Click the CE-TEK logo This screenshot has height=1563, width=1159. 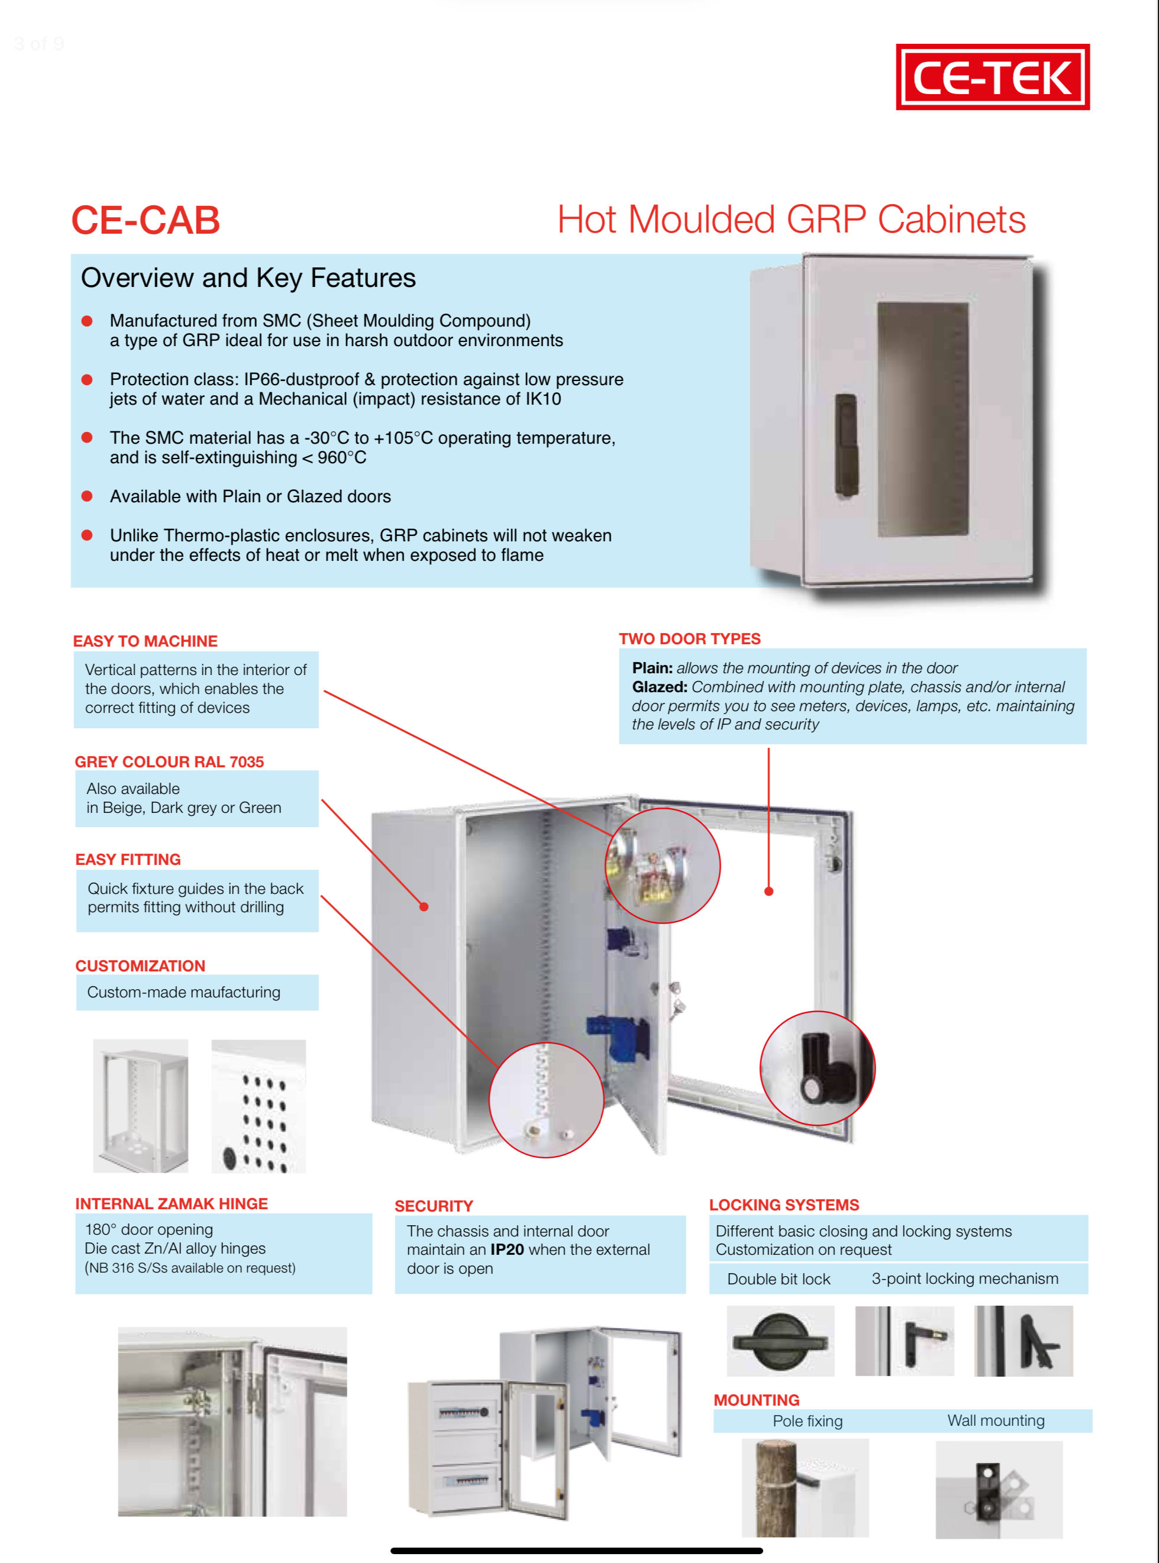click(x=992, y=77)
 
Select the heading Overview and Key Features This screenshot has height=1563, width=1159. click(x=248, y=279)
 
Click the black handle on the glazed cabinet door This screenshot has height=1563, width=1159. click(x=845, y=444)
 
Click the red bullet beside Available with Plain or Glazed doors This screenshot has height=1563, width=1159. click(x=87, y=496)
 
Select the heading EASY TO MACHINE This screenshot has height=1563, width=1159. click(x=145, y=641)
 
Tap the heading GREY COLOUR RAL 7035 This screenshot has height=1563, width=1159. click(x=169, y=762)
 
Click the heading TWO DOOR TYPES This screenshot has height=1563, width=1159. click(x=690, y=639)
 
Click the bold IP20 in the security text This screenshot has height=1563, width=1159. click(x=506, y=1249)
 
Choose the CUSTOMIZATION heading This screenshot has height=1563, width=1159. click(x=140, y=966)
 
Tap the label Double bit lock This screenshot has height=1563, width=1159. click(x=778, y=1279)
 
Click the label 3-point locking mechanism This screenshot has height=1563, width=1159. click(x=965, y=1279)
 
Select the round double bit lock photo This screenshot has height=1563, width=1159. click(x=780, y=1341)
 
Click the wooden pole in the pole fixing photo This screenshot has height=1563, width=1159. click(x=776, y=1487)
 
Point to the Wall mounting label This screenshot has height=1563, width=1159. click(x=996, y=1420)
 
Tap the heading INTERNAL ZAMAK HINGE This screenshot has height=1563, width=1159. click(x=171, y=1204)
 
